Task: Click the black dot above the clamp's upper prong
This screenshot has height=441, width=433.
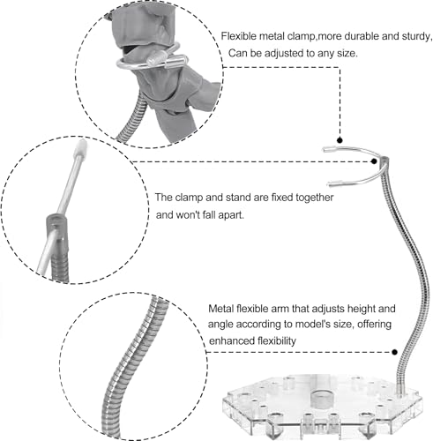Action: point(340,140)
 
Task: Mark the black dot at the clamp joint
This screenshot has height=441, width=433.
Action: point(374,161)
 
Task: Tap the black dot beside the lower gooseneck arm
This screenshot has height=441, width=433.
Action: point(395,352)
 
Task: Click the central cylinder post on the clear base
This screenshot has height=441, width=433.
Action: point(320,399)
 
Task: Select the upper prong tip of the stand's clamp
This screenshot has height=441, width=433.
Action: point(324,150)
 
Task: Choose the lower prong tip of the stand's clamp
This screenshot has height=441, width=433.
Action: point(329,184)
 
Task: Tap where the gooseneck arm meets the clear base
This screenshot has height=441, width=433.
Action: point(400,390)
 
